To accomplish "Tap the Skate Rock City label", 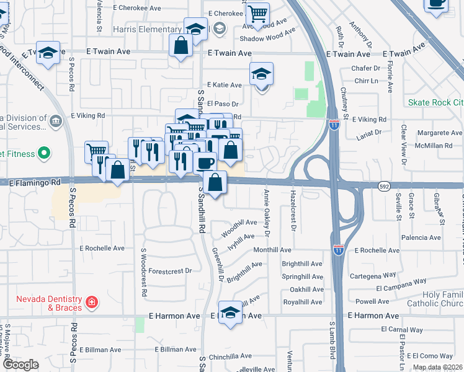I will coord(435,102).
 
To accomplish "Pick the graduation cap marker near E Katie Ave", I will coord(262,73).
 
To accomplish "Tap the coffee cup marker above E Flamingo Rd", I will coord(205,162).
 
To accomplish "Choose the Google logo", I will coord(20,365).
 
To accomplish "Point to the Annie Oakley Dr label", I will coord(267,214).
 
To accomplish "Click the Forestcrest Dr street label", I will coord(171,271).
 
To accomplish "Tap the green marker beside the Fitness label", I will coord(44,152).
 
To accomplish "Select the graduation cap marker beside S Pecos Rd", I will coord(47,53).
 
